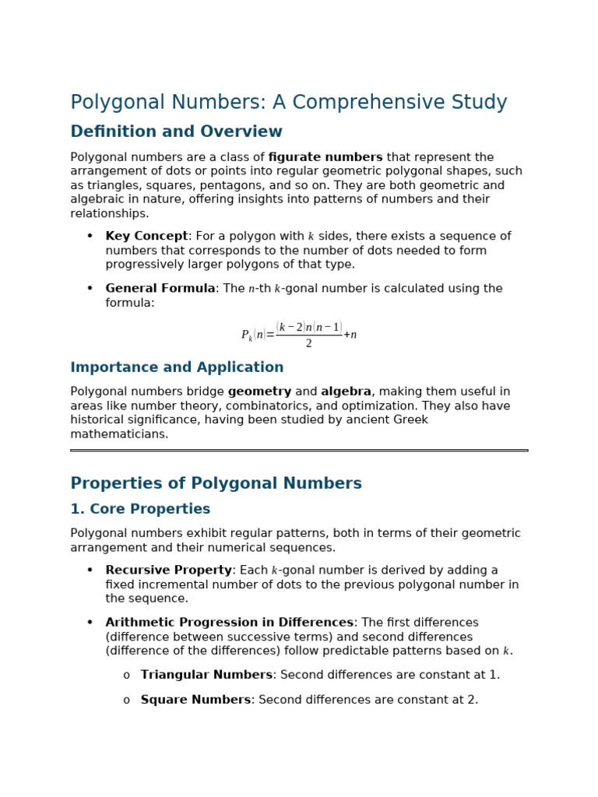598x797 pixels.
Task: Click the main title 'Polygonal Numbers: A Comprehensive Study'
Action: tap(288, 103)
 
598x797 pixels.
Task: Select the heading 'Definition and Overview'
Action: tap(176, 132)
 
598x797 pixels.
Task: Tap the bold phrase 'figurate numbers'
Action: tap(325, 157)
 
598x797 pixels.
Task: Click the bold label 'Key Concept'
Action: tap(146, 237)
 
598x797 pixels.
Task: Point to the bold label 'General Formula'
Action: tap(160, 289)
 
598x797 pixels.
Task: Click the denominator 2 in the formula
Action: tap(308, 344)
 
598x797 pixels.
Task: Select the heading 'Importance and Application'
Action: tap(177, 367)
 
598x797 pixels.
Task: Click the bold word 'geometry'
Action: tap(259, 392)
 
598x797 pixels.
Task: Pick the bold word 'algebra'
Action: tap(346, 392)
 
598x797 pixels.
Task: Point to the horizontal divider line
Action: tap(299, 450)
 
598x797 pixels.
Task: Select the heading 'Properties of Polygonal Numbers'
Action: tap(216, 484)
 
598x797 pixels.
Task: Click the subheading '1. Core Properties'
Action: tap(140, 509)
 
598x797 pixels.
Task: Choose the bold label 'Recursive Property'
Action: tap(168, 571)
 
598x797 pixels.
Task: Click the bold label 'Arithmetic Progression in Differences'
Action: tap(229, 623)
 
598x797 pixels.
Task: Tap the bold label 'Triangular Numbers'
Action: tap(206, 675)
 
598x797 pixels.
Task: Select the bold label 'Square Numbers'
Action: tap(195, 700)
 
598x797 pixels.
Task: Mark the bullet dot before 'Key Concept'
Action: tap(90, 237)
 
